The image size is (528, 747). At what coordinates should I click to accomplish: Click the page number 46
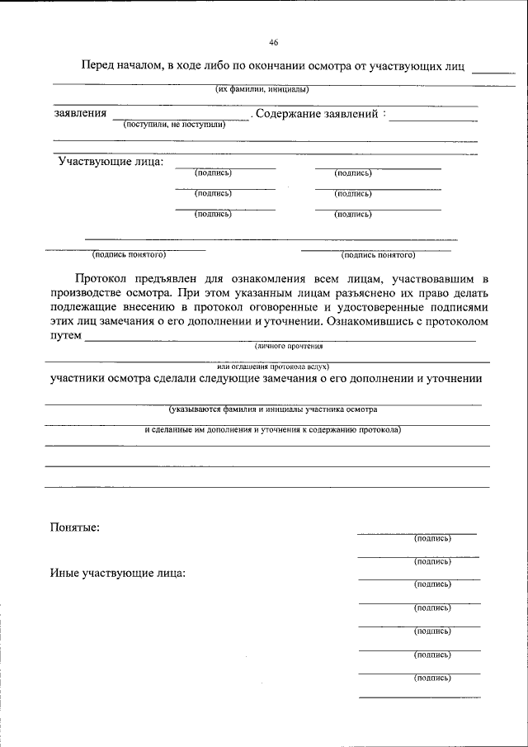pyautogui.click(x=273, y=43)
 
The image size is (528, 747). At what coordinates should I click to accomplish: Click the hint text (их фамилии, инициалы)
pyautogui.click(x=262, y=89)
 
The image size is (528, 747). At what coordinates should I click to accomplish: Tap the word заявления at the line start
pyautogui.click(x=80, y=113)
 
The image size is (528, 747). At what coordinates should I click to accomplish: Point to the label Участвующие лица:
pyautogui.click(x=111, y=161)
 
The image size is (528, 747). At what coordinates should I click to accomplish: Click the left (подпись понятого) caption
pyautogui.click(x=130, y=255)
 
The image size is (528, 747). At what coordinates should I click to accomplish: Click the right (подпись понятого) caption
pyautogui.click(x=378, y=255)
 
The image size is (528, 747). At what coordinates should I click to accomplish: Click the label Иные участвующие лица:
pyautogui.click(x=117, y=572)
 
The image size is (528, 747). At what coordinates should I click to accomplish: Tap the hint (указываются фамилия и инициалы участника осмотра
pyautogui.click(x=272, y=409)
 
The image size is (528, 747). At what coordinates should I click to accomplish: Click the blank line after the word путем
pyautogui.click(x=280, y=339)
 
